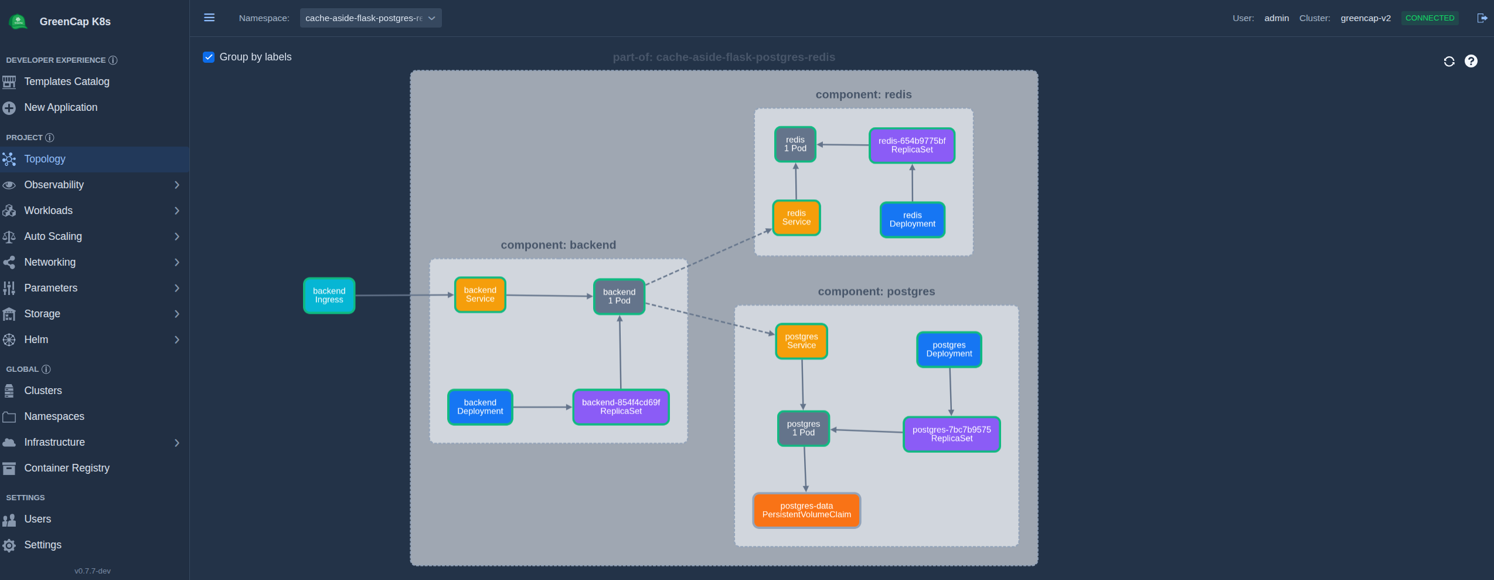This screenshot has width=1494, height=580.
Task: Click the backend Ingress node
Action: tap(329, 295)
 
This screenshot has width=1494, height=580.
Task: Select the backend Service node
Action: tap(480, 294)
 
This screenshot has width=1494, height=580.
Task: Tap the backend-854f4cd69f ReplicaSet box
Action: tap(621, 406)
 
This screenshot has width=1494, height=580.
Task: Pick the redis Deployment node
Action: tap(912, 219)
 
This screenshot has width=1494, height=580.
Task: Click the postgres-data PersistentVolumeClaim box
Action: tap(806, 510)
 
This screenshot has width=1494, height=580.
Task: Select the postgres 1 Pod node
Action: tap(803, 428)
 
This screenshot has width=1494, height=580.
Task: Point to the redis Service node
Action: tap(796, 218)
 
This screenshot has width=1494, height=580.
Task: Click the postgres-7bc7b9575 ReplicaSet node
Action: tap(951, 434)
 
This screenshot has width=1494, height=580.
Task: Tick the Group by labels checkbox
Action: tap(209, 57)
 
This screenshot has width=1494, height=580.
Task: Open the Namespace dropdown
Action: tap(370, 18)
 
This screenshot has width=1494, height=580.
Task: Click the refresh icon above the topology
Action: tap(1449, 62)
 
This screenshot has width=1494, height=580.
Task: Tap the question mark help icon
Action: tap(1471, 61)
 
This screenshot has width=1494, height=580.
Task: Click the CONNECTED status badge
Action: tap(1430, 18)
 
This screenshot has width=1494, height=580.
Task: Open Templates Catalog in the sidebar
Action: tap(67, 82)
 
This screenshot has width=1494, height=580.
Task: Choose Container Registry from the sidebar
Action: tap(67, 468)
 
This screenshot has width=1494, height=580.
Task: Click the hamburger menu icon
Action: tap(209, 18)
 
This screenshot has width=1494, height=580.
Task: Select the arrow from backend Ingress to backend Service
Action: tap(404, 295)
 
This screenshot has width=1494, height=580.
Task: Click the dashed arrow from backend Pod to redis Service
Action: tap(708, 257)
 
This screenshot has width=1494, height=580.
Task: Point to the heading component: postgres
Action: tap(876, 291)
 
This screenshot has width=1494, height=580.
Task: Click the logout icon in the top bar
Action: tap(1482, 18)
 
